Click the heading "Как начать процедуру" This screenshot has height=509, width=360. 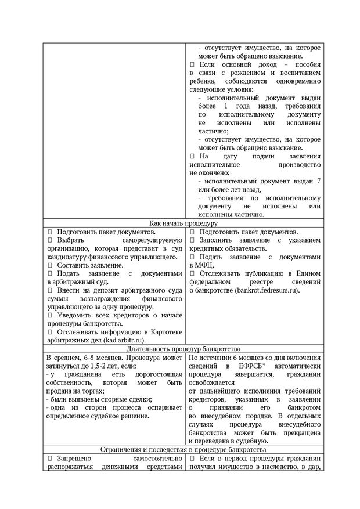(183, 222)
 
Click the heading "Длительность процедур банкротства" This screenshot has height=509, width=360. (183, 349)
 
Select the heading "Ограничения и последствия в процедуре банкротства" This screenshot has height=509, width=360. (183, 450)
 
